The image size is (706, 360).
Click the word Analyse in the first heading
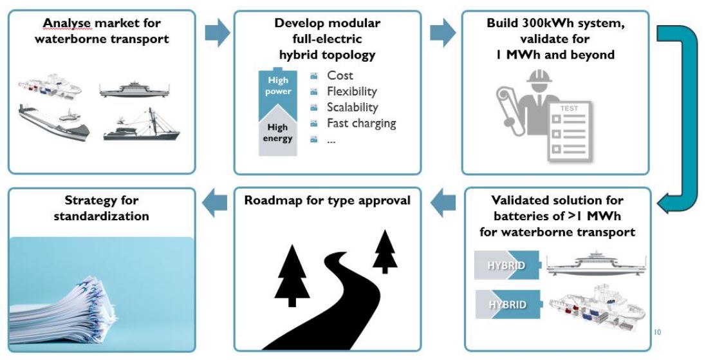click(64, 23)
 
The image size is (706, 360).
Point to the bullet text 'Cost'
click(340, 76)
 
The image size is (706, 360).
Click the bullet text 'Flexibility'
click(351, 91)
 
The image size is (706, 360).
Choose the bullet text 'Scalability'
click(352, 107)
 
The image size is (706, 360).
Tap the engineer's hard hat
click(534, 84)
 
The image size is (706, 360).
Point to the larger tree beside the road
click(291, 277)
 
